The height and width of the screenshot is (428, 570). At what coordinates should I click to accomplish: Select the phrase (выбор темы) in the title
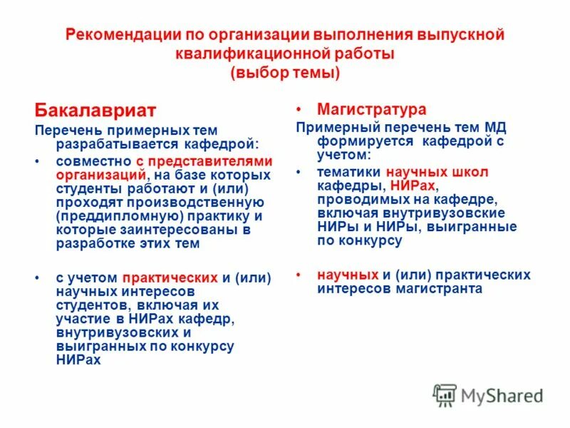[285, 72]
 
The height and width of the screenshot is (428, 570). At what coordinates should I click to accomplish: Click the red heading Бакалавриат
[95, 111]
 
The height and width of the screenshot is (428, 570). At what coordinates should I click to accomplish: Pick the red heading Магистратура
[372, 109]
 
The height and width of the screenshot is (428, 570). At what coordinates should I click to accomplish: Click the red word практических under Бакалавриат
[170, 278]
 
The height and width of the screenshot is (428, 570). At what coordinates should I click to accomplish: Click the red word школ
[472, 172]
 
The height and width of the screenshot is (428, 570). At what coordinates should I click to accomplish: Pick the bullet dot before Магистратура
[300, 110]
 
